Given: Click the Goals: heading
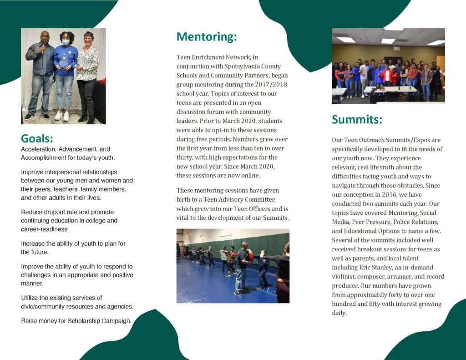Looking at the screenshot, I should coord(37,138).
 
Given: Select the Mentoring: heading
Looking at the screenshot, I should coord(207,36).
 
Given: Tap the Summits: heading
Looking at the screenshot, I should coord(357,119).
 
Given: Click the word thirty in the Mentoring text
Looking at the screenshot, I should coord(185,157).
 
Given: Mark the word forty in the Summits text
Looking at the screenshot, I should coord(400,295).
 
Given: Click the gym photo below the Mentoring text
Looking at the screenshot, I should coord(233,265).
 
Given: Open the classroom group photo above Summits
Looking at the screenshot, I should coord(388,66).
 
